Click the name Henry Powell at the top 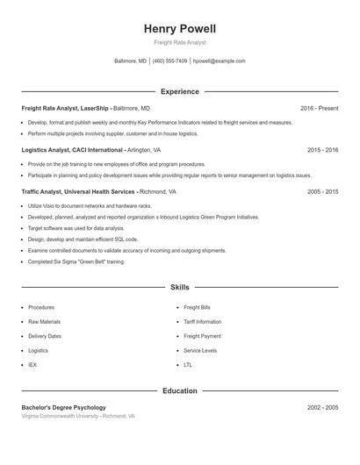point(180,29)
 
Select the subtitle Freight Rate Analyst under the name point(180,42)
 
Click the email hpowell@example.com point(219,61)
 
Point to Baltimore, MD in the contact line point(131,61)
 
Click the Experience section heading point(180,91)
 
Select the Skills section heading point(180,287)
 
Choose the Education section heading point(180,390)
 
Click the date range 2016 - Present point(319,108)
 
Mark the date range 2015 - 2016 point(322,150)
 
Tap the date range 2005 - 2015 point(322,191)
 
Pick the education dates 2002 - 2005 point(322,407)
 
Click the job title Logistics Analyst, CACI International point(72,150)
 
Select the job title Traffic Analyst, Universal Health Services point(78,191)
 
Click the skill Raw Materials point(44,322)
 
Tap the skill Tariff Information point(202,322)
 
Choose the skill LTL point(188,364)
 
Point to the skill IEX point(32,364)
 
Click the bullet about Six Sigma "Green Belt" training point(76,261)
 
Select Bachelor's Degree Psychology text point(63,407)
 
